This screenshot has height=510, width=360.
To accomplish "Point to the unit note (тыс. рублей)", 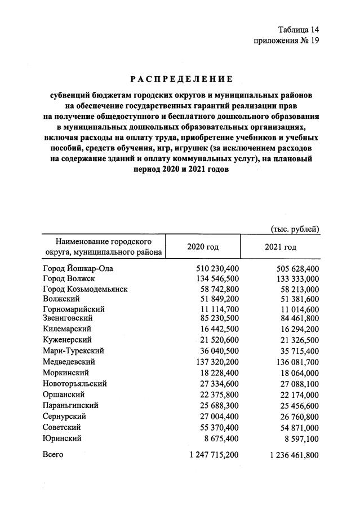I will click(295, 229).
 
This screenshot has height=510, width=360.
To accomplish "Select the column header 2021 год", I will click(280, 247).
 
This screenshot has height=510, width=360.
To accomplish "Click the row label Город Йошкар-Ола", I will click(78, 269).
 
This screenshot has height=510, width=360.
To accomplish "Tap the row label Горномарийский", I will click(74, 309).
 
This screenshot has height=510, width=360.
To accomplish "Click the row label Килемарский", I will click(67, 329).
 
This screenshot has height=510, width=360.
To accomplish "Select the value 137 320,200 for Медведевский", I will click(217, 361).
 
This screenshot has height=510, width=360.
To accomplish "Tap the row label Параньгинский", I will click(71, 405).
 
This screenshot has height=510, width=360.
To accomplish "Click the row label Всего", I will click(54, 454).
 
